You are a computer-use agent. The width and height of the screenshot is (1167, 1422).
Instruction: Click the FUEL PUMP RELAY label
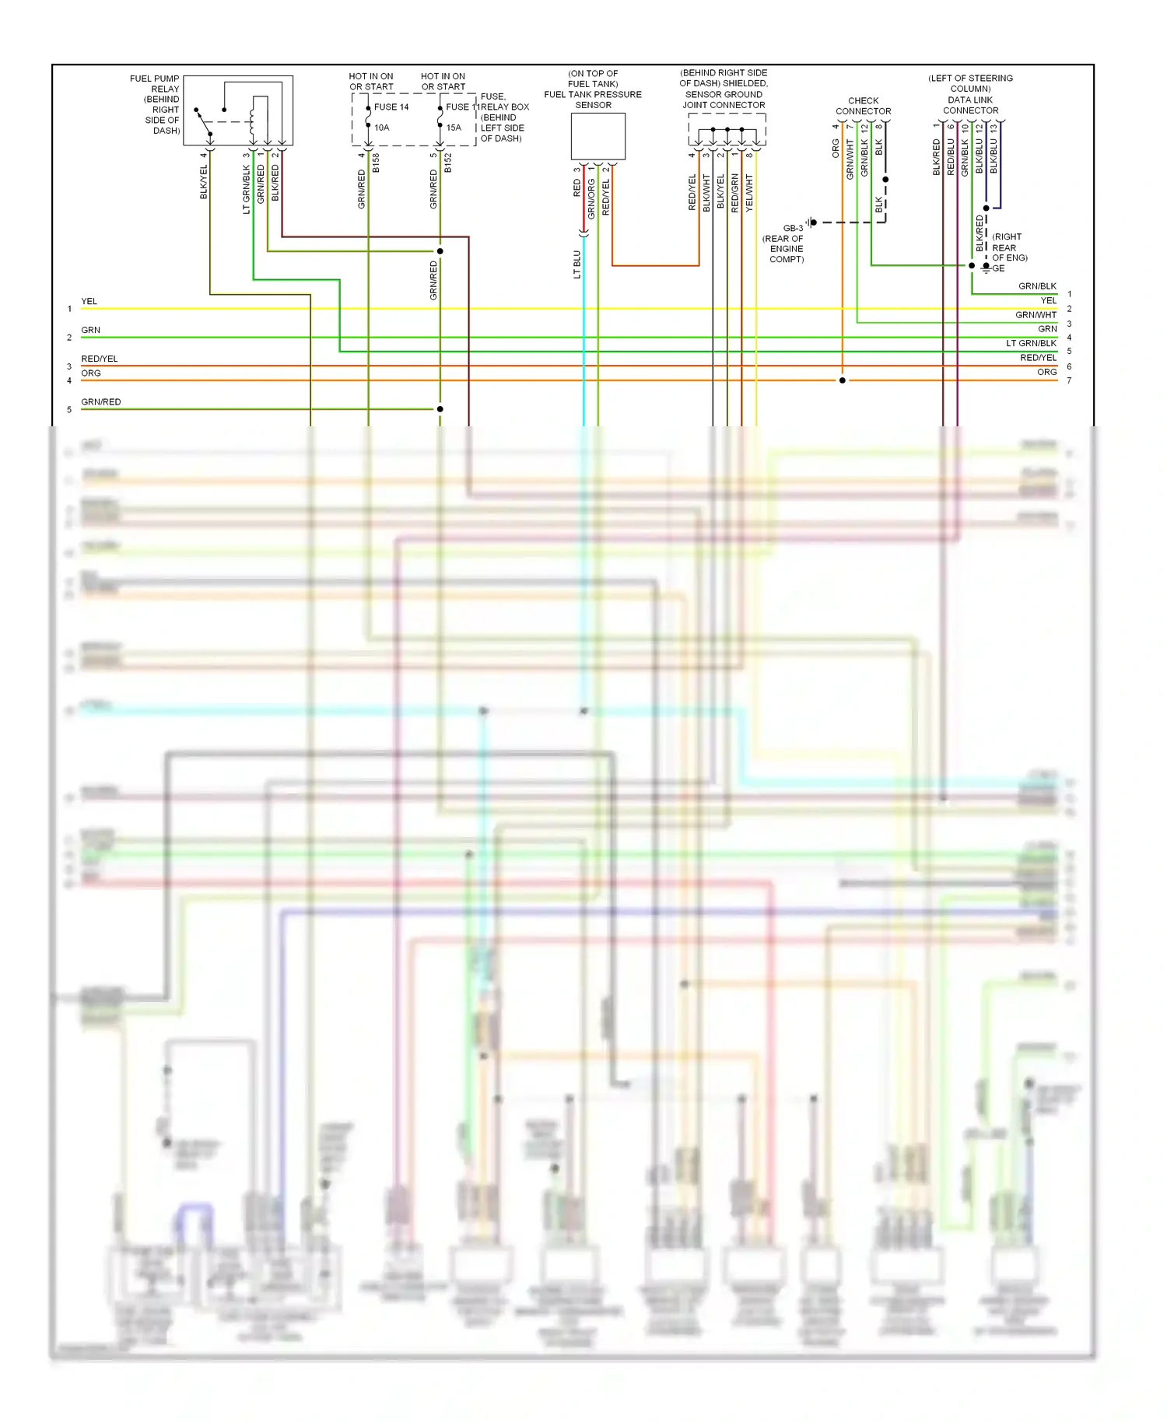[x=154, y=83]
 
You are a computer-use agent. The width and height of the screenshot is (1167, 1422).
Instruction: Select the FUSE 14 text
[x=391, y=107]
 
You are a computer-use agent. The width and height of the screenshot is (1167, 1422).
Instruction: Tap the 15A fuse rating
[x=454, y=128]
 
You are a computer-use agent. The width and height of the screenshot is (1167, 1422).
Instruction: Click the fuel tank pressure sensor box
[x=598, y=136]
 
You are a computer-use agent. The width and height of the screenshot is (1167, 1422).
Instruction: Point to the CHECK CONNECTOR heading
[x=863, y=106]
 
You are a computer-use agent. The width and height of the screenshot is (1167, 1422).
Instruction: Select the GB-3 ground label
[x=793, y=229]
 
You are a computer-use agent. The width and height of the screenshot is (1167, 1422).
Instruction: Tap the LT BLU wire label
[x=577, y=264]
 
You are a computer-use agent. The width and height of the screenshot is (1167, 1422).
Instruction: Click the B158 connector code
[x=377, y=163]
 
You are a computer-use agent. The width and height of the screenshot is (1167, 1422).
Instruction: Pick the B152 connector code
[x=448, y=163]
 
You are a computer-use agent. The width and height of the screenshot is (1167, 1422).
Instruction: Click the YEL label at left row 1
[x=89, y=302]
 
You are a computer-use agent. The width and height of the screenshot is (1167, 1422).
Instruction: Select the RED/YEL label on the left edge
[x=100, y=359]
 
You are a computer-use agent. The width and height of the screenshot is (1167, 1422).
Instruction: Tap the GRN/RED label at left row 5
[x=101, y=402]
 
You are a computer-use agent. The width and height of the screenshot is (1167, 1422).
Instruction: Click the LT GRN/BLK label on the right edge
[x=1031, y=343]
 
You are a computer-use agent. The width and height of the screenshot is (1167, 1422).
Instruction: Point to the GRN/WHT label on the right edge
[x=1036, y=315]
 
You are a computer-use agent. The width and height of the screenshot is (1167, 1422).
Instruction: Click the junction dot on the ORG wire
[x=842, y=380]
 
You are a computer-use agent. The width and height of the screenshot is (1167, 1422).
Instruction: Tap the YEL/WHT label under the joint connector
[x=749, y=192]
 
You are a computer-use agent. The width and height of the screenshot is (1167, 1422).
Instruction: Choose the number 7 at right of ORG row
[x=1069, y=380]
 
